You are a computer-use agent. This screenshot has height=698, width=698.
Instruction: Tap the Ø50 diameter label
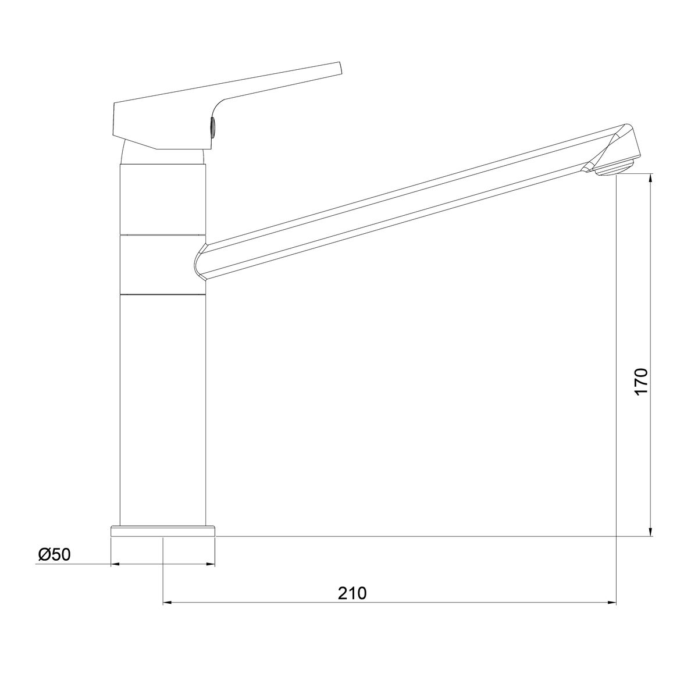54,554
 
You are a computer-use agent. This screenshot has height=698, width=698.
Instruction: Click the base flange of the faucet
163,531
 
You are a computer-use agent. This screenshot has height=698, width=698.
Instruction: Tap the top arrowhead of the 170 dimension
651,178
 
